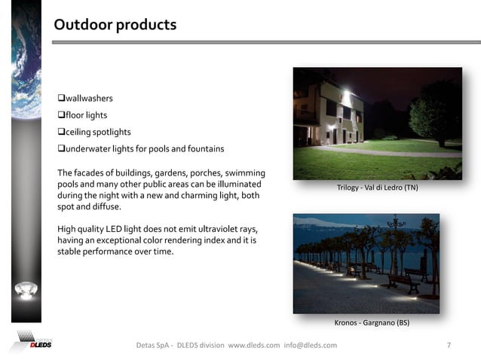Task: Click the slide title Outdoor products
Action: (x=115, y=25)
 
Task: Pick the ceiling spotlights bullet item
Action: (x=94, y=132)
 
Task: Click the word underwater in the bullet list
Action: (x=90, y=148)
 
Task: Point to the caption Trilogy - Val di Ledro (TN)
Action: (x=377, y=187)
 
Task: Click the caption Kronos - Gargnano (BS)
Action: (x=372, y=322)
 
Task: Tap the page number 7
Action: (x=449, y=345)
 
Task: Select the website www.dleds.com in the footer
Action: (x=253, y=345)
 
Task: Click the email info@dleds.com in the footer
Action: (x=310, y=345)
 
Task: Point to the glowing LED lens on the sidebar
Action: (x=26, y=290)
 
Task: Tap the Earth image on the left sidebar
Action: (x=23, y=60)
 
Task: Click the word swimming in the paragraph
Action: (x=244, y=173)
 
